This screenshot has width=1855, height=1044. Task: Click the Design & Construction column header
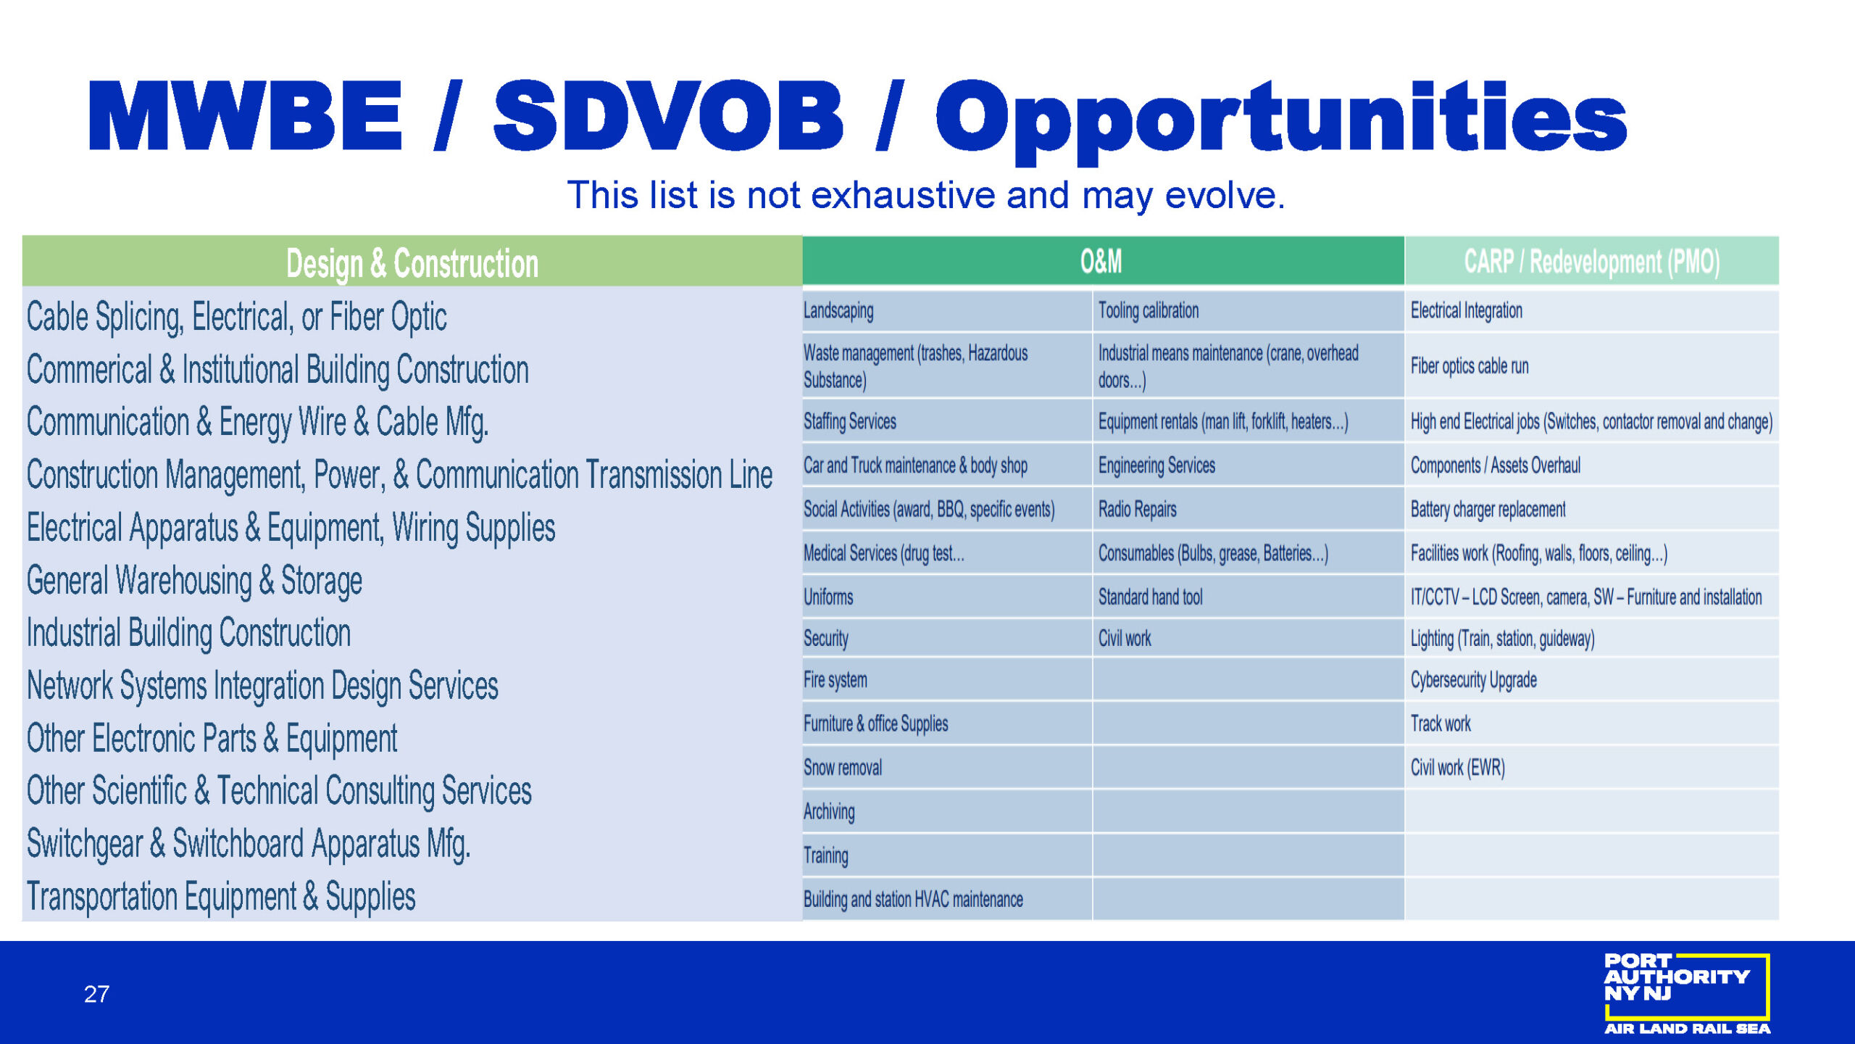point(412,262)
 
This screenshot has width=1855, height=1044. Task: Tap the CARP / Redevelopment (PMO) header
point(1591,262)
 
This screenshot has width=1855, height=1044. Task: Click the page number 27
point(96,994)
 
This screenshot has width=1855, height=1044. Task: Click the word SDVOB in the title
point(668,116)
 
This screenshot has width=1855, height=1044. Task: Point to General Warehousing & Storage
point(194,581)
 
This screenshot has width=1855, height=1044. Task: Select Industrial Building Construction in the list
point(188,633)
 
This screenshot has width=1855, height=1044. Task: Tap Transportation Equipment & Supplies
point(221,898)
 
